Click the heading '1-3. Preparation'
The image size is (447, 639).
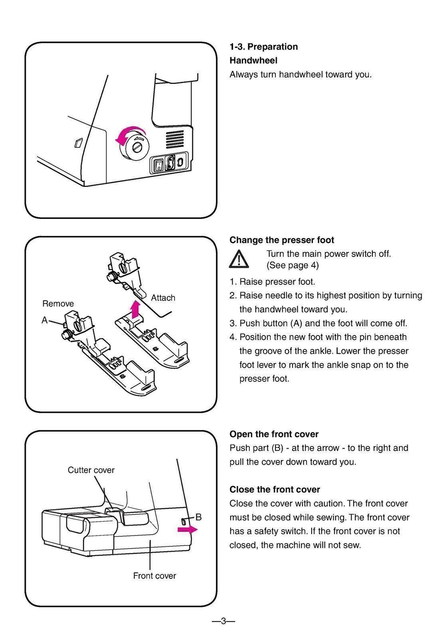264,47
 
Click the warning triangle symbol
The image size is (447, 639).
239,259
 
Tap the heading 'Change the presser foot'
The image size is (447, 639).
282,240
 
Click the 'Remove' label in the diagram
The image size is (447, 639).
58,304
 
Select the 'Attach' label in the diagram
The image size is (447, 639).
163,298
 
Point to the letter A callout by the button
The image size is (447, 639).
45,320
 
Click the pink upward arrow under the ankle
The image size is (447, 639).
136,310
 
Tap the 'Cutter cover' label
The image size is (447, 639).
91,470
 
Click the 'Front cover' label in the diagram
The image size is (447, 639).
155,576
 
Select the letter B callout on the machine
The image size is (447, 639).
198,517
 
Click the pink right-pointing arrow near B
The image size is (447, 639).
187,529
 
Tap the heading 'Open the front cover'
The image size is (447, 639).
274,434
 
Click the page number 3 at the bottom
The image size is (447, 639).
223,621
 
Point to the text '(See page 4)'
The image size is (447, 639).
292,265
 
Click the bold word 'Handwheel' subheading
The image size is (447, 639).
253,60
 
